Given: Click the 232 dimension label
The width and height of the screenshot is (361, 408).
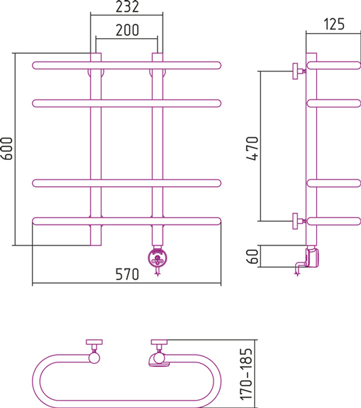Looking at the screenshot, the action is pos(127,7).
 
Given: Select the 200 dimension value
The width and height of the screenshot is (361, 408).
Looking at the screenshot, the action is pos(127,30).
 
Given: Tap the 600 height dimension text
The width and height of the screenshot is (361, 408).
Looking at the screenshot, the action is pos(7,148).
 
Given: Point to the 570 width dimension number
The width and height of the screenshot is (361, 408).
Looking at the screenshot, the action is pos(127,274).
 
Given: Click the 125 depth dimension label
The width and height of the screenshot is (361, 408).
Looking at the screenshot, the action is pos(334,24).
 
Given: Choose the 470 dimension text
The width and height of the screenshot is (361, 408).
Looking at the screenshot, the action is pos(252,148).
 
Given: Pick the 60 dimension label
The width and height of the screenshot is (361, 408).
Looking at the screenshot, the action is pos(252,256).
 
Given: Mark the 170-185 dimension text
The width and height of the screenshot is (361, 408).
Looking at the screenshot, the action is pos(246,374).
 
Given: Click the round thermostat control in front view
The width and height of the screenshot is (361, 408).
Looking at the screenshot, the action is pos(157,258).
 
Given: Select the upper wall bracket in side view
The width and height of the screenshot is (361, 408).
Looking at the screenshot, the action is pos(298,71).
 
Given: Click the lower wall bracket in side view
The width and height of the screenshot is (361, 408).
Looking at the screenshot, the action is pos(298,221).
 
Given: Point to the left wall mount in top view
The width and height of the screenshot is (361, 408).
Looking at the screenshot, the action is pos(94,352).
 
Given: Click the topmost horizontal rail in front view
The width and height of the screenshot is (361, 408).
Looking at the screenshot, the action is pos(126,65).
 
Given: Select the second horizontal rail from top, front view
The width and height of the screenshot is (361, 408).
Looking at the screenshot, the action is pos(126,103).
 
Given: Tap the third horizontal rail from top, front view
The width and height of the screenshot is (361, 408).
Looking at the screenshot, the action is pos(126,183).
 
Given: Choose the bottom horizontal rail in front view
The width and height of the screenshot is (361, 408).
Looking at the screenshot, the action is pos(126,221).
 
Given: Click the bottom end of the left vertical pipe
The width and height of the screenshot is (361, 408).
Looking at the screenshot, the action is pos(96,245).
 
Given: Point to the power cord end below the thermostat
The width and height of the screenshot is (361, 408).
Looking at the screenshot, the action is pos(157,274).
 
